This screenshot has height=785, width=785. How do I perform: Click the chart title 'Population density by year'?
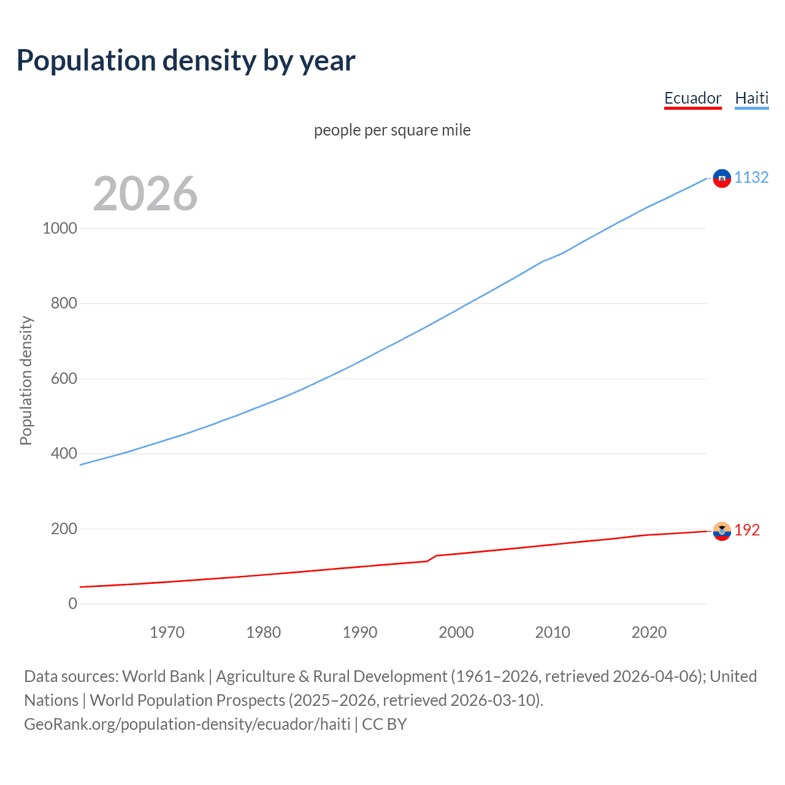coord(186,61)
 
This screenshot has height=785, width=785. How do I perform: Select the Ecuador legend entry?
coord(692,98)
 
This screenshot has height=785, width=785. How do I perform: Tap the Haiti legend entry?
coord(751,98)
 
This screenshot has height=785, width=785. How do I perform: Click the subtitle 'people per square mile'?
coord(392,130)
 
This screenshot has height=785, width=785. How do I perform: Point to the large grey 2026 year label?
coord(145,194)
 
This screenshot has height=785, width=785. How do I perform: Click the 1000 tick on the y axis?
coord(59,228)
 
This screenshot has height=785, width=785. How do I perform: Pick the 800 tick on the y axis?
coord(64,303)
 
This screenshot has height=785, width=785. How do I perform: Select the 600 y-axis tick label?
coord(64,378)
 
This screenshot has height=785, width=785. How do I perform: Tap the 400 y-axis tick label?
coord(64,453)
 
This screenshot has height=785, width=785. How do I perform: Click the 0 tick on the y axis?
coord(73,603)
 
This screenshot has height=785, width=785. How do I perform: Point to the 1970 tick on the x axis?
coord(167,632)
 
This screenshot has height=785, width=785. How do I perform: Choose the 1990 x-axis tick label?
coord(360,632)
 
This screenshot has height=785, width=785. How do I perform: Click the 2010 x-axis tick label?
coord(553,632)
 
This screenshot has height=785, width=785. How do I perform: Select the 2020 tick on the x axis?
coord(649,632)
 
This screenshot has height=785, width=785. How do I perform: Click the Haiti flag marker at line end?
coord(722,178)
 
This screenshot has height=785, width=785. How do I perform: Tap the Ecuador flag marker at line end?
coord(722,530)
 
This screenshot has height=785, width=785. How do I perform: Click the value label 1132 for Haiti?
coord(751,177)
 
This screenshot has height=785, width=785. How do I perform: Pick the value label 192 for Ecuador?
coord(747,530)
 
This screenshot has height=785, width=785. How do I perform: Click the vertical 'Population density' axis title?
coord(26,380)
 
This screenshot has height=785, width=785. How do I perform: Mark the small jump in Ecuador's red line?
coord(432,558)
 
